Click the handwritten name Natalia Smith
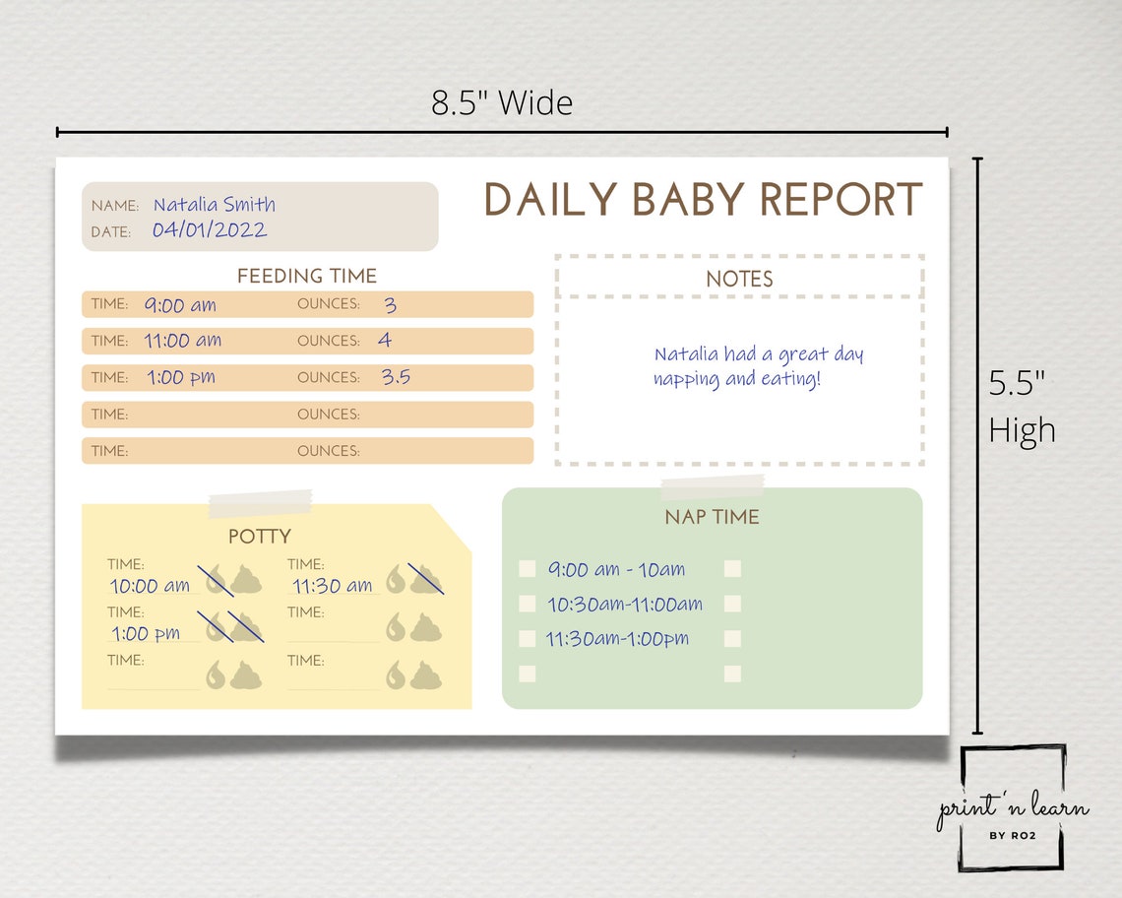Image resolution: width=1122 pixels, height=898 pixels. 214,205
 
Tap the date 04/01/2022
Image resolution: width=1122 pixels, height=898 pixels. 209,230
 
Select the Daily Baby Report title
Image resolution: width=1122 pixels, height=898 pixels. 703,200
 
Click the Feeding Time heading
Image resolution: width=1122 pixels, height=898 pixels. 307,277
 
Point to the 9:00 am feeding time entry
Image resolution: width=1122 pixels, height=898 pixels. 180,305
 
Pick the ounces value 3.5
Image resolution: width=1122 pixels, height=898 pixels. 396,377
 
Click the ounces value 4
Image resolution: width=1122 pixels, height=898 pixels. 385,341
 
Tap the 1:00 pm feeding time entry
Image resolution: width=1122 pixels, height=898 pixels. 181,377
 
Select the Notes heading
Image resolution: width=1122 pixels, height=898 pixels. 739,280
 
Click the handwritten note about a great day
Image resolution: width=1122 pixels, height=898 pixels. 758,366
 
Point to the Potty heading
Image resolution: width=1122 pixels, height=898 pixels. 260,537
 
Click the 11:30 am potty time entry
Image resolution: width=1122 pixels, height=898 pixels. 332,586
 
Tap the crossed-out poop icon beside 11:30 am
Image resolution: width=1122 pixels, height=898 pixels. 426,580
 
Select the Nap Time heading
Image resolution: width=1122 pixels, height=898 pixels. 712,517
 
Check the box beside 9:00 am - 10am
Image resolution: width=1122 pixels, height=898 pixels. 528,569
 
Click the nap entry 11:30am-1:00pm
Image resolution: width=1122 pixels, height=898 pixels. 617,639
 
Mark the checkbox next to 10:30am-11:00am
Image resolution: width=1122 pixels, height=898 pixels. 528,604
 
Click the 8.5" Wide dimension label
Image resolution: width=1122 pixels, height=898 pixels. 502,102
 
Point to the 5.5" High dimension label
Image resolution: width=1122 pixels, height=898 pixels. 1022,407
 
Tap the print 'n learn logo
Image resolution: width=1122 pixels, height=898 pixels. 1013,809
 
